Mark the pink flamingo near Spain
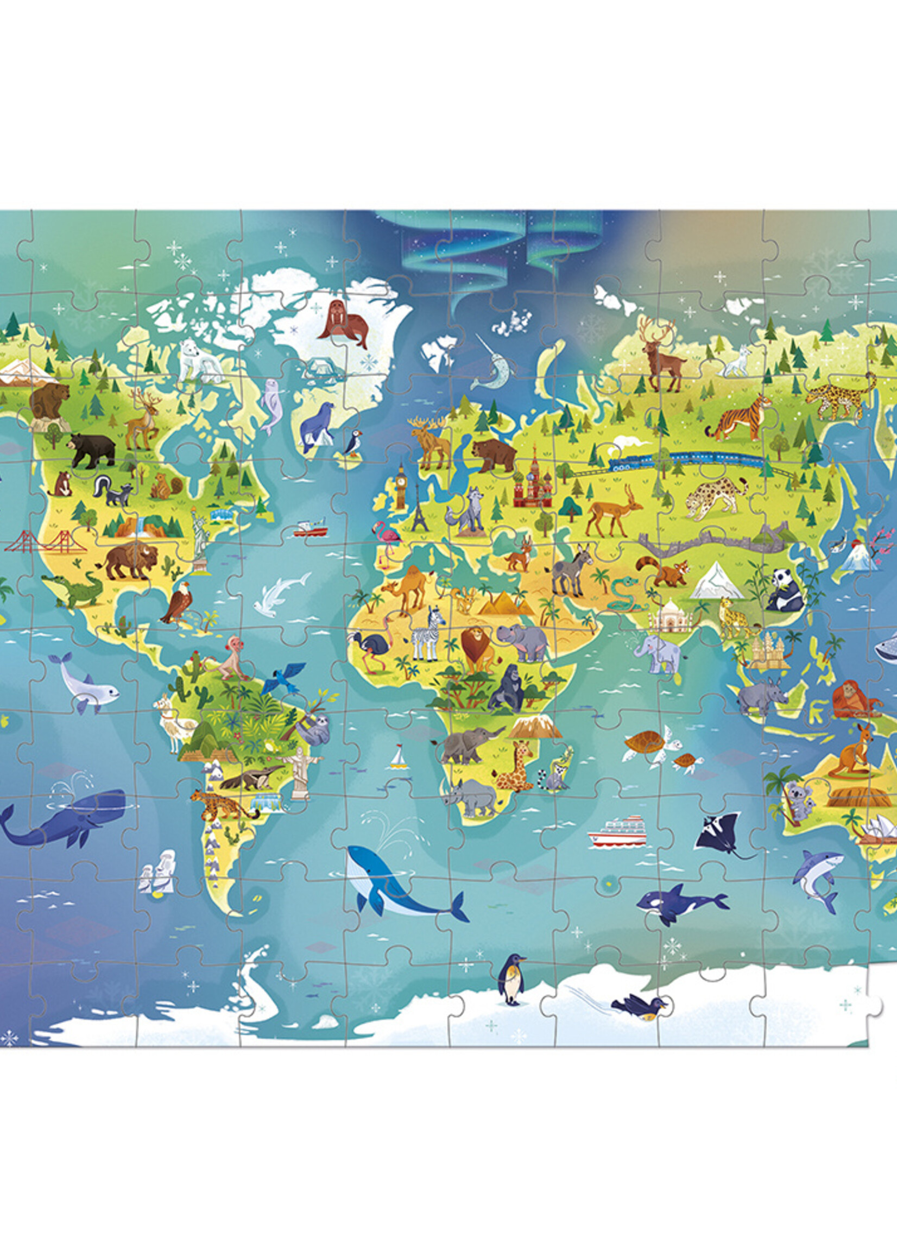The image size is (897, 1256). click(x=389, y=537)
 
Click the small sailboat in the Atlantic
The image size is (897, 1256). click(x=397, y=759)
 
